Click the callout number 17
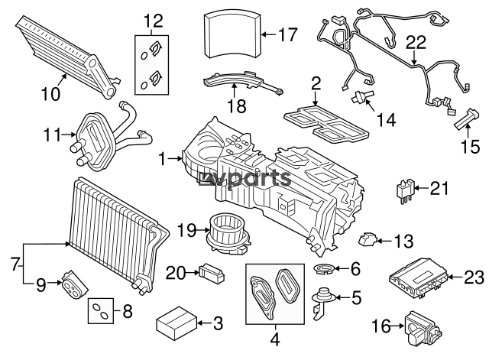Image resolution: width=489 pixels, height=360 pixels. coord(288,34)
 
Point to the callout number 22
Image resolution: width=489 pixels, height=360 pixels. coord(416,43)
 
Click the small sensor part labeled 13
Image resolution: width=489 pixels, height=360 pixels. coord(368,240)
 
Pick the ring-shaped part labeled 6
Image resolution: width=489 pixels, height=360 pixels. coord(324,269)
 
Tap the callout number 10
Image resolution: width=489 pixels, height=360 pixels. coord(50,93)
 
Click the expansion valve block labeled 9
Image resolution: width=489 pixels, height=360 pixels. coord(75,284)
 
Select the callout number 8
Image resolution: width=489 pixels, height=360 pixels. coord(128,311)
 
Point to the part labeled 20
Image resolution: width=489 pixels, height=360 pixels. coord(212,274)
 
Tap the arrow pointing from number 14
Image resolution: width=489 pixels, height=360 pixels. coord(370,105)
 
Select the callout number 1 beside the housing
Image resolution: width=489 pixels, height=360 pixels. coord(163,159)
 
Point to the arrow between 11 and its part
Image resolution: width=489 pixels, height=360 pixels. coord(68,135)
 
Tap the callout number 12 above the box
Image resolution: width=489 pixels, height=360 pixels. coord(153,21)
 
